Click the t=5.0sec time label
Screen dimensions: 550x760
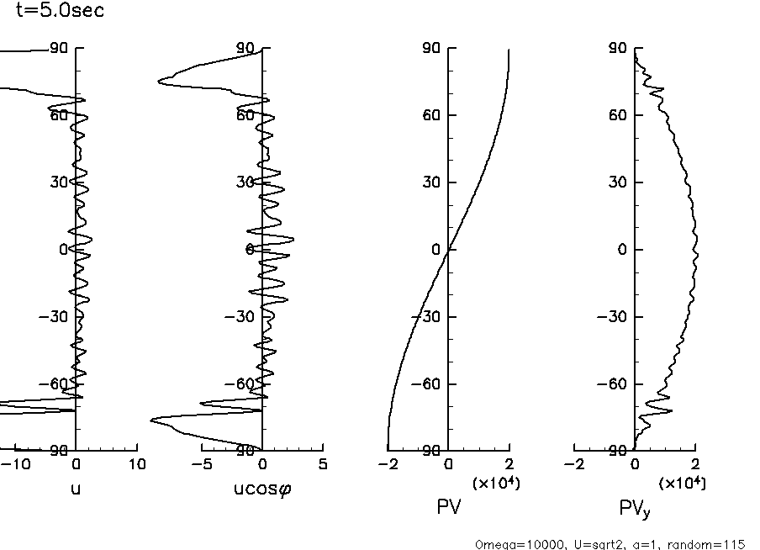pyautogui.click(x=60, y=12)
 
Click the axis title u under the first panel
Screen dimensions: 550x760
pyautogui.click(x=76, y=489)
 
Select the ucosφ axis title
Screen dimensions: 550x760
pyautogui.click(x=262, y=489)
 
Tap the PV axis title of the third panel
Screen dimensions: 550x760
pyautogui.click(x=449, y=507)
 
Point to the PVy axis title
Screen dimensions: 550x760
pyautogui.click(x=635, y=508)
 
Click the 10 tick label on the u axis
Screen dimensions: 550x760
pyautogui.click(x=136, y=464)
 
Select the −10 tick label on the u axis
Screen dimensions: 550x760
pyautogui.click(x=18, y=464)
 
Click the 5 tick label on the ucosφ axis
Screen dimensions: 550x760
pyautogui.click(x=323, y=464)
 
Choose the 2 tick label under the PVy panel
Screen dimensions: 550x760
pyautogui.click(x=695, y=464)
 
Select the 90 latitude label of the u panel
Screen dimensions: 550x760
pyautogui.click(x=59, y=49)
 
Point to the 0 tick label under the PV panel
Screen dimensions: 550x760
pyautogui.click(x=449, y=464)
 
